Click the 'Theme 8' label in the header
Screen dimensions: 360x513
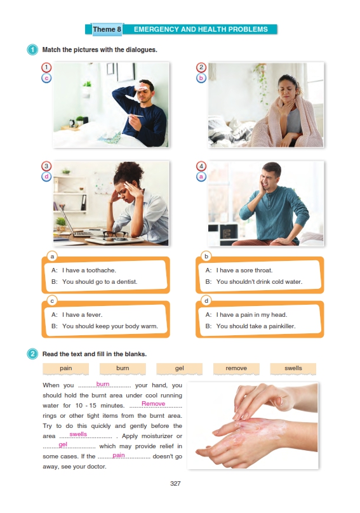tap(107, 29)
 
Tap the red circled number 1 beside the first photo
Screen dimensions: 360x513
tap(46, 67)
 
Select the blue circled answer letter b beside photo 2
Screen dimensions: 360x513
tap(201, 78)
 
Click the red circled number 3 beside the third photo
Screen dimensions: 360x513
tap(46, 166)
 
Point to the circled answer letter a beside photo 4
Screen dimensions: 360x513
tap(201, 177)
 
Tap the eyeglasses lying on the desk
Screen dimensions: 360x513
tap(115, 234)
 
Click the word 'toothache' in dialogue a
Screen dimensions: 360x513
tap(100, 270)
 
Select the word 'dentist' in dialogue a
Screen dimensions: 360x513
tap(126, 282)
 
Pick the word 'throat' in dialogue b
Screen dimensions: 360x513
tap(263, 270)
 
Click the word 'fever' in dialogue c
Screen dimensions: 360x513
tap(94, 315)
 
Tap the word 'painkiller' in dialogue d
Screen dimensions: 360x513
tap(282, 326)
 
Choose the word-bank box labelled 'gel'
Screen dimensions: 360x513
tap(179, 368)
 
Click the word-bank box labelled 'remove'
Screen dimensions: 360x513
tap(236, 368)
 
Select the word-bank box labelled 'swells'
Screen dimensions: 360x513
tap(293, 368)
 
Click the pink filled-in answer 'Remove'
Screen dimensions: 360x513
tap(153, 404)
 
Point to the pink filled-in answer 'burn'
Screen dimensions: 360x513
tap(103, 384)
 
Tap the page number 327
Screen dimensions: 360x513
tap(175, 484)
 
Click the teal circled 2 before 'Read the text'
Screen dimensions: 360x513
tap(32, 354)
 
